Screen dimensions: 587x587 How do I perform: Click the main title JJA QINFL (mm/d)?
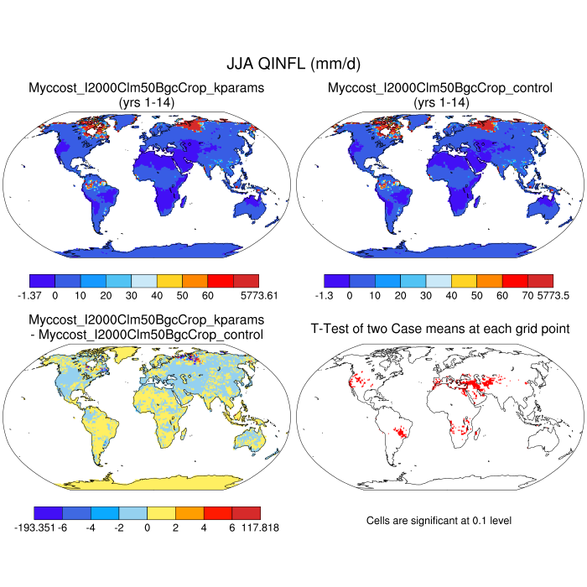pos(293,64)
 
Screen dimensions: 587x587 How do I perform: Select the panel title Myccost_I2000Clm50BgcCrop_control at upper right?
pos(440,87)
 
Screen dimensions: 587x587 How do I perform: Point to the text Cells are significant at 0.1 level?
pos(439,521)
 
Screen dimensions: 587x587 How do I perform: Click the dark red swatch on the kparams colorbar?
pos(246,280)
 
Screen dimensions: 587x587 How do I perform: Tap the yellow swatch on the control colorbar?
pos(464,280)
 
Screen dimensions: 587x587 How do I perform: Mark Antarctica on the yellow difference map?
pos(151,479)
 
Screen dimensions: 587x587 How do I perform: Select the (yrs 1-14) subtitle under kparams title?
pos(147,101)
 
